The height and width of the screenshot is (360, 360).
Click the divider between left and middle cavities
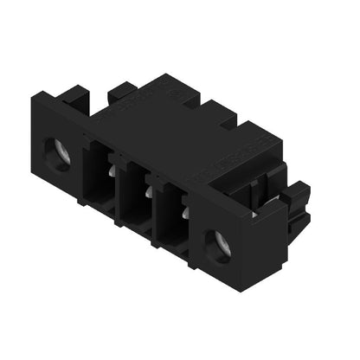coord(119,186)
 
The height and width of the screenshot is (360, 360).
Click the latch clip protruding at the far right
coord(299,208)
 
